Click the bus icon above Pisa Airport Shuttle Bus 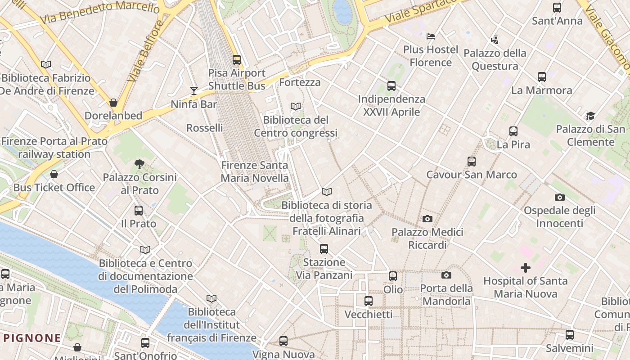(x=237, y=59)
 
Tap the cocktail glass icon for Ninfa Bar (x=193, y=91)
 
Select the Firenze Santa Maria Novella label (x=255, y=171)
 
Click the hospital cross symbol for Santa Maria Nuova (x=525, y=268)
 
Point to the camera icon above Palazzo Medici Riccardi (x=427, y=219)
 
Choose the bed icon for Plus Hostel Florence (x=431, y=36)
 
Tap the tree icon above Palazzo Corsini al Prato (x=139, y=164)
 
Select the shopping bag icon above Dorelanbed (x=113, y=103)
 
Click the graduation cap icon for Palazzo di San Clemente (x=590, y=116)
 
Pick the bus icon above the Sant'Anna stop (x=557, y=8)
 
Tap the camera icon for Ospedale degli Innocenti (x=559, y=197)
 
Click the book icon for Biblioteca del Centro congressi (x=296, y=107)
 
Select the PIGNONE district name (x=32, y=338)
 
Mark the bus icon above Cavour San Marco (x=472, y=161)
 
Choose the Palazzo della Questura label (x=495, y=59)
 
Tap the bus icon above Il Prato (x=139, y=210)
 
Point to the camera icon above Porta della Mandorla (x=446, y=275)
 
